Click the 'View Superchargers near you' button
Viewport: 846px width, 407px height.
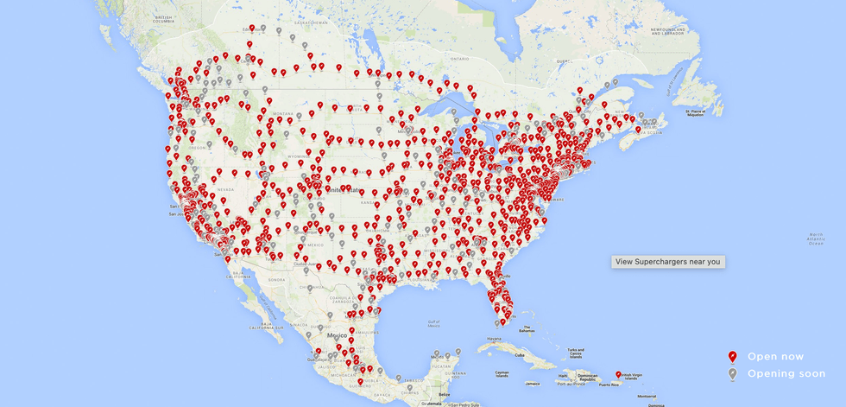[x=668, y=261]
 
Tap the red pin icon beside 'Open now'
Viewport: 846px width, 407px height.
[x=732, y=356]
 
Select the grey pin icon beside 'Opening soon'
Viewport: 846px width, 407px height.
[x=732, y=373]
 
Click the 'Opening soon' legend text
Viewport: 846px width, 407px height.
[x=786, y=373]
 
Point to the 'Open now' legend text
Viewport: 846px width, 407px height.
[x=775, y=356]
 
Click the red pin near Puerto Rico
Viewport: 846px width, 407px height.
[x=618, y=375]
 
